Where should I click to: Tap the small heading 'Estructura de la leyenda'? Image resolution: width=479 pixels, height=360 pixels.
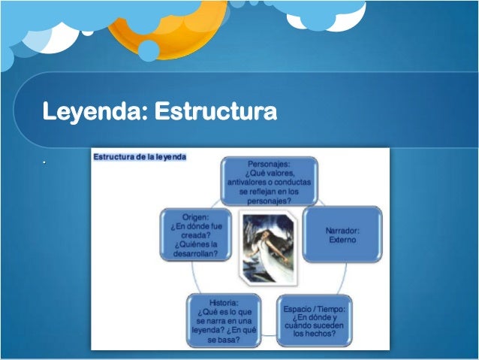139,156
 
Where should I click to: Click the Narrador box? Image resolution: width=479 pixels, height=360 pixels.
342,234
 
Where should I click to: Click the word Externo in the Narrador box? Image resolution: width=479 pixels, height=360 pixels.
342,241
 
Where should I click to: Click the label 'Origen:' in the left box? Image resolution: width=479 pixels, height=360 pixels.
195,218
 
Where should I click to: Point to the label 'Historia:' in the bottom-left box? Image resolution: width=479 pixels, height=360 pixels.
224,302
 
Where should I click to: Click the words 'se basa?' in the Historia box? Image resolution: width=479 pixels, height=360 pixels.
224,339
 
